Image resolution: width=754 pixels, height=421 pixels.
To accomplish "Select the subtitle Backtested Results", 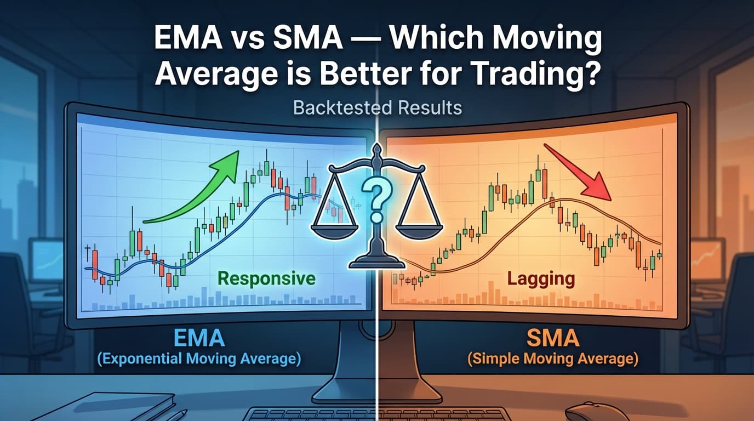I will pos(377,107).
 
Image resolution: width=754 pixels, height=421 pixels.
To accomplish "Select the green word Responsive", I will pos(267,278).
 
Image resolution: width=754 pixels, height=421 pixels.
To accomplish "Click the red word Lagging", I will pos(540,278).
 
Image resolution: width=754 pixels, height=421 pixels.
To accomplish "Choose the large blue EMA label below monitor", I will pos(199,338).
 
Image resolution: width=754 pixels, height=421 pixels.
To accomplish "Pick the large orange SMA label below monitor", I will pos(553,338).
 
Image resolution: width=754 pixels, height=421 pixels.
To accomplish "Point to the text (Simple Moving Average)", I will pos(552,360).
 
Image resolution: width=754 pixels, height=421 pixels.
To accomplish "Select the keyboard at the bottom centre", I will pos(377,414).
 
